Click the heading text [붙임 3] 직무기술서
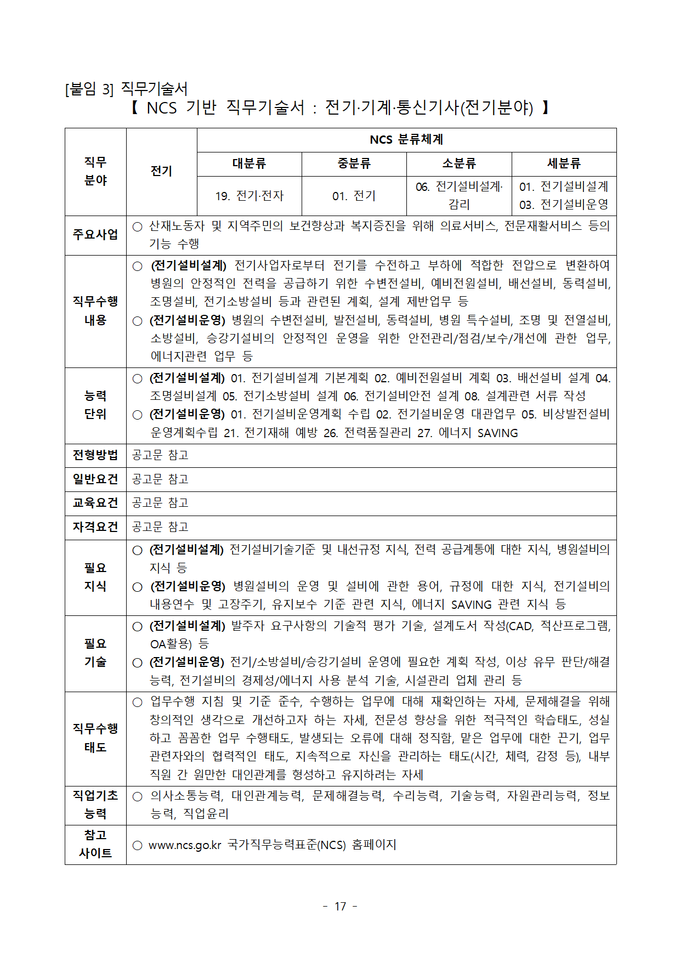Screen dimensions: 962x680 click(126, 89)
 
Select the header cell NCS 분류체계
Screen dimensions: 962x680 click(406, 140)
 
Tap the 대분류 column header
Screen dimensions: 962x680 click(249, 163)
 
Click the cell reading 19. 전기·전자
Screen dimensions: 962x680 click(249, 196)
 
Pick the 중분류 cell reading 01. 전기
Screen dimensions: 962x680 click(354, 196)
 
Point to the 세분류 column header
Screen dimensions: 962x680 click(564, 163)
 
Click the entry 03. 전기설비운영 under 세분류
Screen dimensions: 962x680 click(564, 205)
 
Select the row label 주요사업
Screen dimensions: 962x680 click(95, 235)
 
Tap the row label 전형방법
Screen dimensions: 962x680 click(95, 455)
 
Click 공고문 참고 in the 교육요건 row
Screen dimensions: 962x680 click(160, 503)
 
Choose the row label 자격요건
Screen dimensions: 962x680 click(95, 527)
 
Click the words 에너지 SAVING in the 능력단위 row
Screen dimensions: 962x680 click(478, 433)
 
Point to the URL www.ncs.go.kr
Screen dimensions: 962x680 click(184, 845)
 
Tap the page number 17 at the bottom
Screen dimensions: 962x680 click(340, 907)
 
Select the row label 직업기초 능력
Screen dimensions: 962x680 click(95, 805)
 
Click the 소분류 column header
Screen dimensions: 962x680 click(459, 163)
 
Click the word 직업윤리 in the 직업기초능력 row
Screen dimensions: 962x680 click(206, 814)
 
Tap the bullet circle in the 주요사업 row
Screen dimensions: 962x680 click(138, 227)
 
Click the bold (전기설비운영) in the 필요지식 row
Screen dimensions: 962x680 click(188, 586)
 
